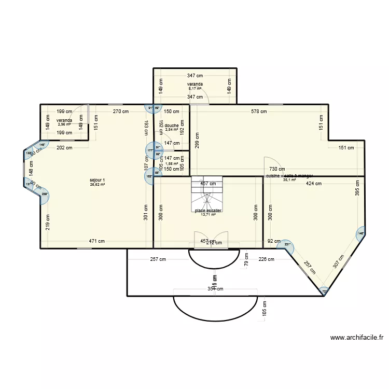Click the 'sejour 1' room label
pyautogui.click(x=97, y=180)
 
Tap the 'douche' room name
pyautogui.click(x=172, y=126)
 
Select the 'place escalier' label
pyautogui.click(x=208, y=211)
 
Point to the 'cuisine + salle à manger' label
pyautogui.click(x=289, y=176)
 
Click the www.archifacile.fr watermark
pyautogui.click(x=356, y=337)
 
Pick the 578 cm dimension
pyautogui.click(x=259, y=111)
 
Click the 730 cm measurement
pyautogui.click(x=276, y=169)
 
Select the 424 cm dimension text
pyautogui.click(x=313, y=183)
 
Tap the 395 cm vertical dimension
pyautogui.click(x=357, y=188)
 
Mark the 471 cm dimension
pyautogui.click(x=97, y=241)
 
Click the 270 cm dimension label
pyautogui.click(x=121, y=111)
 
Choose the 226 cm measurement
pyautogui.click(x=266, y=259)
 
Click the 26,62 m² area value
pyautogui.click(x=97, y=184)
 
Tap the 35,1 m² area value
pyautogui.click(x=289, y=180)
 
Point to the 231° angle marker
pyautogui.click(x=287, y=245)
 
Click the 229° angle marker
pyautogui.click(x=44, y=195)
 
